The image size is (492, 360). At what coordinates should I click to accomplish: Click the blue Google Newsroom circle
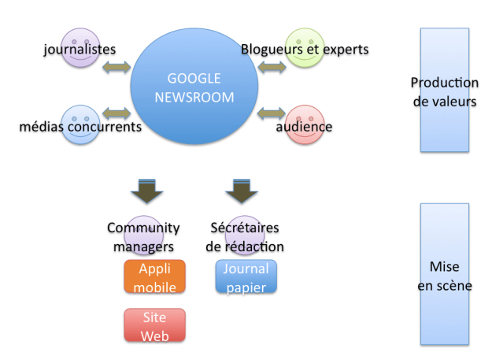pos(194,86)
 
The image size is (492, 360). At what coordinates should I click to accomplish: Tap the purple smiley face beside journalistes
pos(80,47)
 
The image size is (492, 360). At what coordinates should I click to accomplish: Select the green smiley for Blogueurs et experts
pos(304,47)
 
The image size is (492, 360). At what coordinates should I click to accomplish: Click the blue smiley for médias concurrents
pos(80,125)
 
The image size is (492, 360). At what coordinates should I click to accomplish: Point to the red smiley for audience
pos(304,125)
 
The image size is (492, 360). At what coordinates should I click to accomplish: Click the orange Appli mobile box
pos(154,276)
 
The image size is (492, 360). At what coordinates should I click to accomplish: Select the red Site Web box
pos(154,325)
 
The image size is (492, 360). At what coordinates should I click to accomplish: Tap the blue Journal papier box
pos(246,276)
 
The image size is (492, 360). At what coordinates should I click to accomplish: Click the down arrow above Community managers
pos(146,191)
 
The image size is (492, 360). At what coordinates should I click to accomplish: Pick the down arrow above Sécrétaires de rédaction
pos(242,191)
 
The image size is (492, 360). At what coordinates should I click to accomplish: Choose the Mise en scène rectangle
pos(444,274)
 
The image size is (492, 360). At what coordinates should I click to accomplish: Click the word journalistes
pos(80,50)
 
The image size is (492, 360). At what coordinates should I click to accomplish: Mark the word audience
pos(304,127)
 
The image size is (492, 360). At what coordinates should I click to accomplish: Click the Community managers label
pos(143,237)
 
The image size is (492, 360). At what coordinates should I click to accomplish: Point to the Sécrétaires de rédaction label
pos(245,237)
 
